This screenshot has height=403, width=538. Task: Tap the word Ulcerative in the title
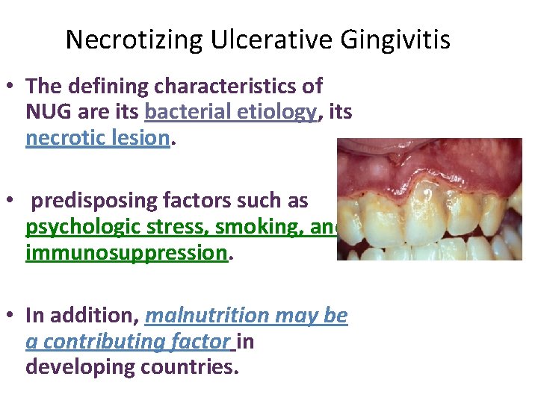point(247,40)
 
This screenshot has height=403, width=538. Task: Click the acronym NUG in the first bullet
point(46,113)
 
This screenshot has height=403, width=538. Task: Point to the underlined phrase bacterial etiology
point(232,113)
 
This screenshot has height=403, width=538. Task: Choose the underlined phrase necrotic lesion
point(96,138)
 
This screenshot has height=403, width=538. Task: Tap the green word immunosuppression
point(126,253)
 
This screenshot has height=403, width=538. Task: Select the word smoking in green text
point(254,227)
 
